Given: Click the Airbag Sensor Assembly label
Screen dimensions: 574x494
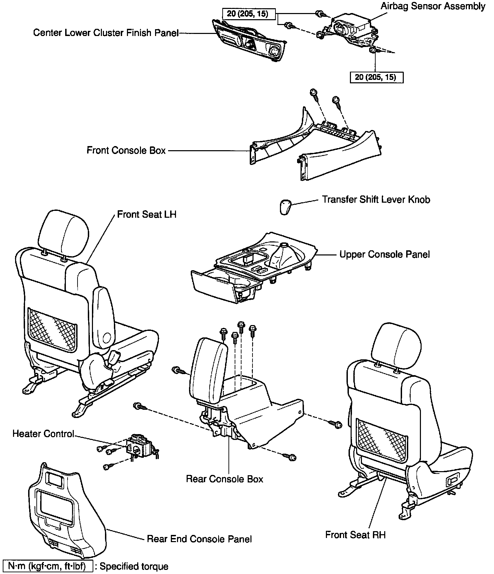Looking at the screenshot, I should pos(433,6).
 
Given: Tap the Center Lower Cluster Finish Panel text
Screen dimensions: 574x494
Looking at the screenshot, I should pos(106,33).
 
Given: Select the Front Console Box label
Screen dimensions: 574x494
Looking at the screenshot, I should pos(126,150).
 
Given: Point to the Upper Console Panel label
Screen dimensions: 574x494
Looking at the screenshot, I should pos(384,254).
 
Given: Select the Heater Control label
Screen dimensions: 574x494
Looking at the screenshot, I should pos(43,434).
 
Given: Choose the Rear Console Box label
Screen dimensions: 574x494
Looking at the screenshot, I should pos(224,479).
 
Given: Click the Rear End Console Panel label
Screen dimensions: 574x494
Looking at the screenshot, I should pos(199,539).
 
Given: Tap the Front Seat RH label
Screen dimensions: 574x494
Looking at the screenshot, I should pos(355,535).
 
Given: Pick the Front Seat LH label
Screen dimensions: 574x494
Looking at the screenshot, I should pos(146,215).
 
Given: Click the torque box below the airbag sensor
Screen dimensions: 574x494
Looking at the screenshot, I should pos(376,77).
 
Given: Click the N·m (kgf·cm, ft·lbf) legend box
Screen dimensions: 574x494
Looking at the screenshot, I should pos(48,566).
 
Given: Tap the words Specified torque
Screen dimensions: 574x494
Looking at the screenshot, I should pos(134,566).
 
